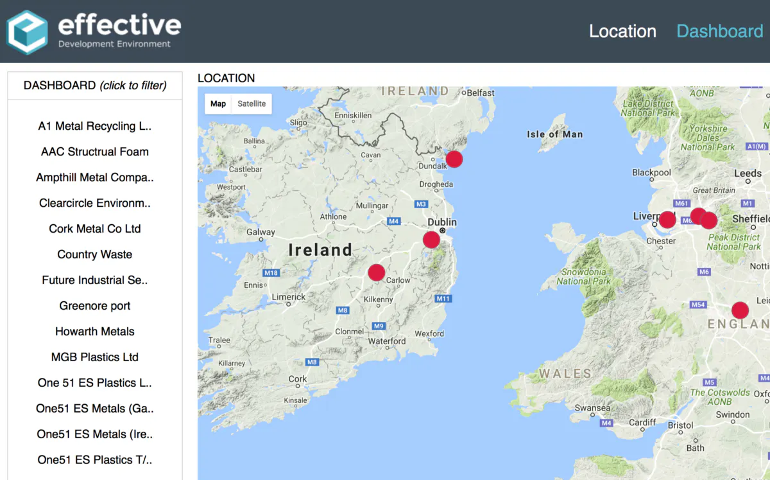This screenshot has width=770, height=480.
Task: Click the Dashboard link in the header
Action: pyautogui.click(x=719, y=31)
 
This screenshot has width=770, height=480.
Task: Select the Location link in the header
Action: pyautogui.click(x=622, y=31)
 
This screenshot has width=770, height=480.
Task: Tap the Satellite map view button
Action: pyautogui.click(x=252, y=103)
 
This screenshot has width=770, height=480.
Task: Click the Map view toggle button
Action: pyautogui.click(x=218, y=103)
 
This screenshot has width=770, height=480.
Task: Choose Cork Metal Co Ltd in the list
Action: pyautogui.click(x=95, y=229)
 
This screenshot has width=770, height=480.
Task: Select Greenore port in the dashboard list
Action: pyautogui.click(x=95, y=306)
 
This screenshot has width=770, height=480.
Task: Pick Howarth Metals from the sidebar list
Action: pyautogui.click(x=95, y=332)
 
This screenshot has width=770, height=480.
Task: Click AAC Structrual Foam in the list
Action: pyautogui.click(x=95, y=152)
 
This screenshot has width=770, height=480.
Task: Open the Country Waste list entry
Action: pyautogui.click(x=95, y=254)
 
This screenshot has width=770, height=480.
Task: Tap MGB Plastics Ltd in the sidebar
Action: pyautogui.click(x=95, y=357)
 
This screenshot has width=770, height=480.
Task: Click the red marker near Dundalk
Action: pyautogui.click(x=454, y=159)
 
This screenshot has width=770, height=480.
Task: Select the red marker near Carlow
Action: pyautogui.click(x=377, y=272)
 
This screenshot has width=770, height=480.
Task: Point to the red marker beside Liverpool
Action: pyautogui.click(x=667, y=220)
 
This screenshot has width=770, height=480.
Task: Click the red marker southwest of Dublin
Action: pyautogui.click(x=432, y=240)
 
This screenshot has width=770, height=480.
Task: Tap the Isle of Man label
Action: pyautogui.click(x=554, y=134)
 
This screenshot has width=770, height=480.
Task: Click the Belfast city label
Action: pyautogui.click(x=481, y=93)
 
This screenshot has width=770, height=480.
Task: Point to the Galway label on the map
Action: pyautogui.click(x=261, y=233)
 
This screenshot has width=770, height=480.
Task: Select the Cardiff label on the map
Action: pyautogui.click(x=642, y=422)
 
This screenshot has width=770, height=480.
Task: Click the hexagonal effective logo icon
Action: pyautogui.click(x=27, y=32)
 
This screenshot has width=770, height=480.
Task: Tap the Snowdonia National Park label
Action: pyautogui.click(x=583, y=276)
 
